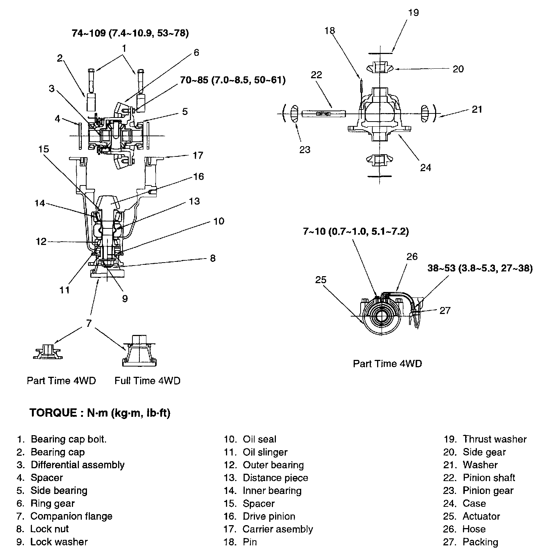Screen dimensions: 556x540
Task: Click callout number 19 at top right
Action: [x=413, y=13]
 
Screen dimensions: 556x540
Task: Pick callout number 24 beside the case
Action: [x=425, y=167]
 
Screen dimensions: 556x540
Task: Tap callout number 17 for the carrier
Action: [x=198, y=155]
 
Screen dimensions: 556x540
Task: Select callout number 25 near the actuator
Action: [x=321, y=280]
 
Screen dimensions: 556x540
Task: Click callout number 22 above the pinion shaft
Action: [x=316, y=75]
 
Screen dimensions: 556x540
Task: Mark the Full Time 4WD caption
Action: [x=147, y=380]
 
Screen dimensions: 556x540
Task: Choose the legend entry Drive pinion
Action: [x=269, y=516]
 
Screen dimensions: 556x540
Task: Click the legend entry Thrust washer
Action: [x=495, y=439]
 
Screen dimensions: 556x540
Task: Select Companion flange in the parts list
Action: [x=71, y=516]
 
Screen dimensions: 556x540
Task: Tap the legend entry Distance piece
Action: [x=276, y=478]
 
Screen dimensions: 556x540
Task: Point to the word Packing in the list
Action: [x=480, y=542]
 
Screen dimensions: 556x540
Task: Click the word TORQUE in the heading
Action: [x=53, y=413]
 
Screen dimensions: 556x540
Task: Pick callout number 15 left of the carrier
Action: [x=43, y=149]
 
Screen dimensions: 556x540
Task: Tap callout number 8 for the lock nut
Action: [x=213, y=258]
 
